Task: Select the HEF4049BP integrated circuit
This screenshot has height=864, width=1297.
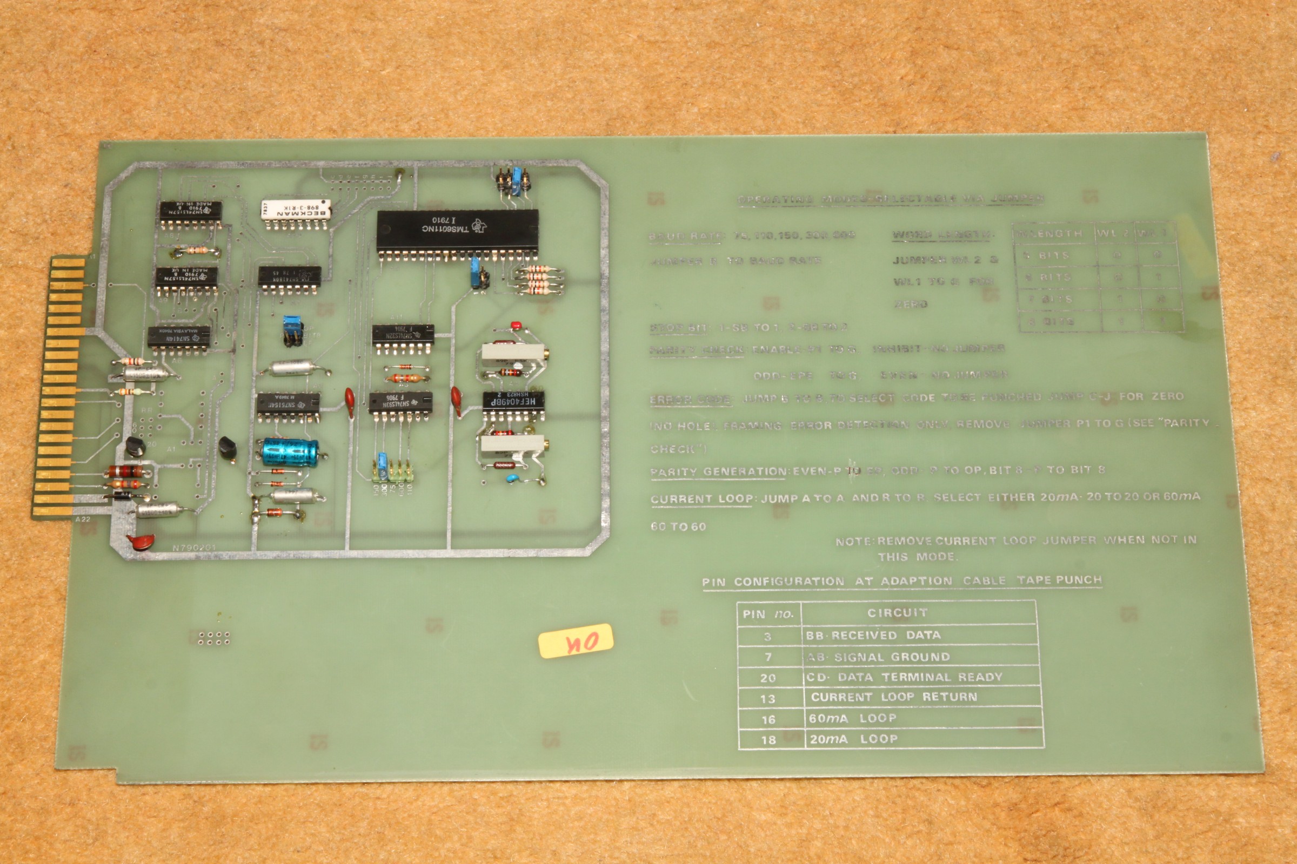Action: [513, 401]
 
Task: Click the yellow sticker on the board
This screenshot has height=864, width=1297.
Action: [575, 641]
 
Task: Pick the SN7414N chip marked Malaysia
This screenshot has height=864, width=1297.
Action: [179, 336]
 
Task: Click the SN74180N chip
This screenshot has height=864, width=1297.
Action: [290, 276]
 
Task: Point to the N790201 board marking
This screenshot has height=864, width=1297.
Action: [194, 548]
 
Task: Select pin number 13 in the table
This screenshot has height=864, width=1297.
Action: [767, 699]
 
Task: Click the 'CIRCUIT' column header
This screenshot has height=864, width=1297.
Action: [897, 613]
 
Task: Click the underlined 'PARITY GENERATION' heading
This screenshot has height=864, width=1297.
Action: [719, 472]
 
